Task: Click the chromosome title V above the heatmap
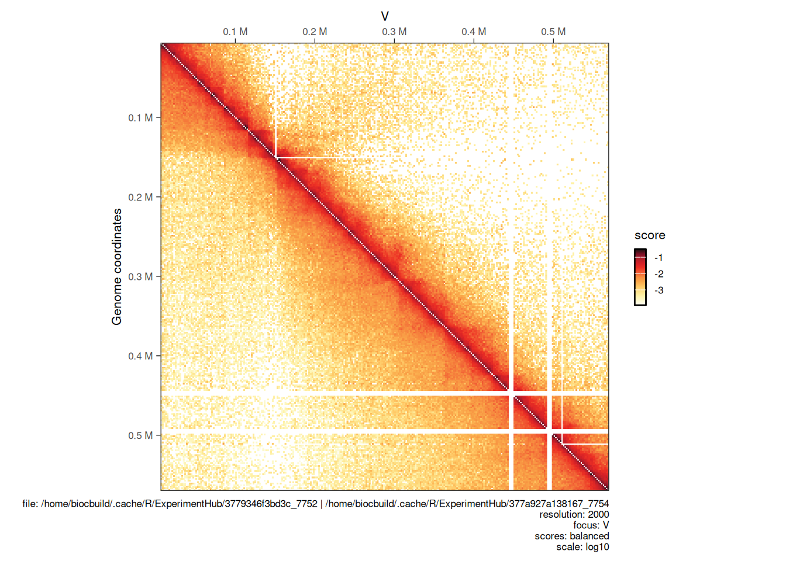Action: click(x=385, y=16)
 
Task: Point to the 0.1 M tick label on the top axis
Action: click(x=235, y=32)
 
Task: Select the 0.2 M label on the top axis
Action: click(x=315, y=32)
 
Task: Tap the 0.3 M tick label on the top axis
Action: click(x=394, y=32)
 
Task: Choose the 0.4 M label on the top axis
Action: click(x=474, y=32)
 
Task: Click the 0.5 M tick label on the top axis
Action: click(x=553, y=32)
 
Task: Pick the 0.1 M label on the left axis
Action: click(x=140, y=117)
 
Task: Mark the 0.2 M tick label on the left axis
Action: click(x=140, y=197)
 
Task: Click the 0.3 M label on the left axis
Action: click(x=140, y=276)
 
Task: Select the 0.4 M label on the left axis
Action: click(x=140, y=356)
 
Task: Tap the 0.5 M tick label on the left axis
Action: click(x=140, y=435)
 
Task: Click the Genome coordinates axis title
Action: click(x=117, y=266)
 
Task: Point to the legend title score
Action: click(x=650, y=236)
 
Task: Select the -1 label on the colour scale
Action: click(x=659, y=258)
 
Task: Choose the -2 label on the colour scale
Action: click(x=659, y=274)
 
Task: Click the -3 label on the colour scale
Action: click(x=659, y=290)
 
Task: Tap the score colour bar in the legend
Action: click(x=640, y=277)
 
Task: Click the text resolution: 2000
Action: click(x=574, y=514)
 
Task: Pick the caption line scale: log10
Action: click(x=582, y=547)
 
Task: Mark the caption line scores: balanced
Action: click(x=571, y=536)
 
